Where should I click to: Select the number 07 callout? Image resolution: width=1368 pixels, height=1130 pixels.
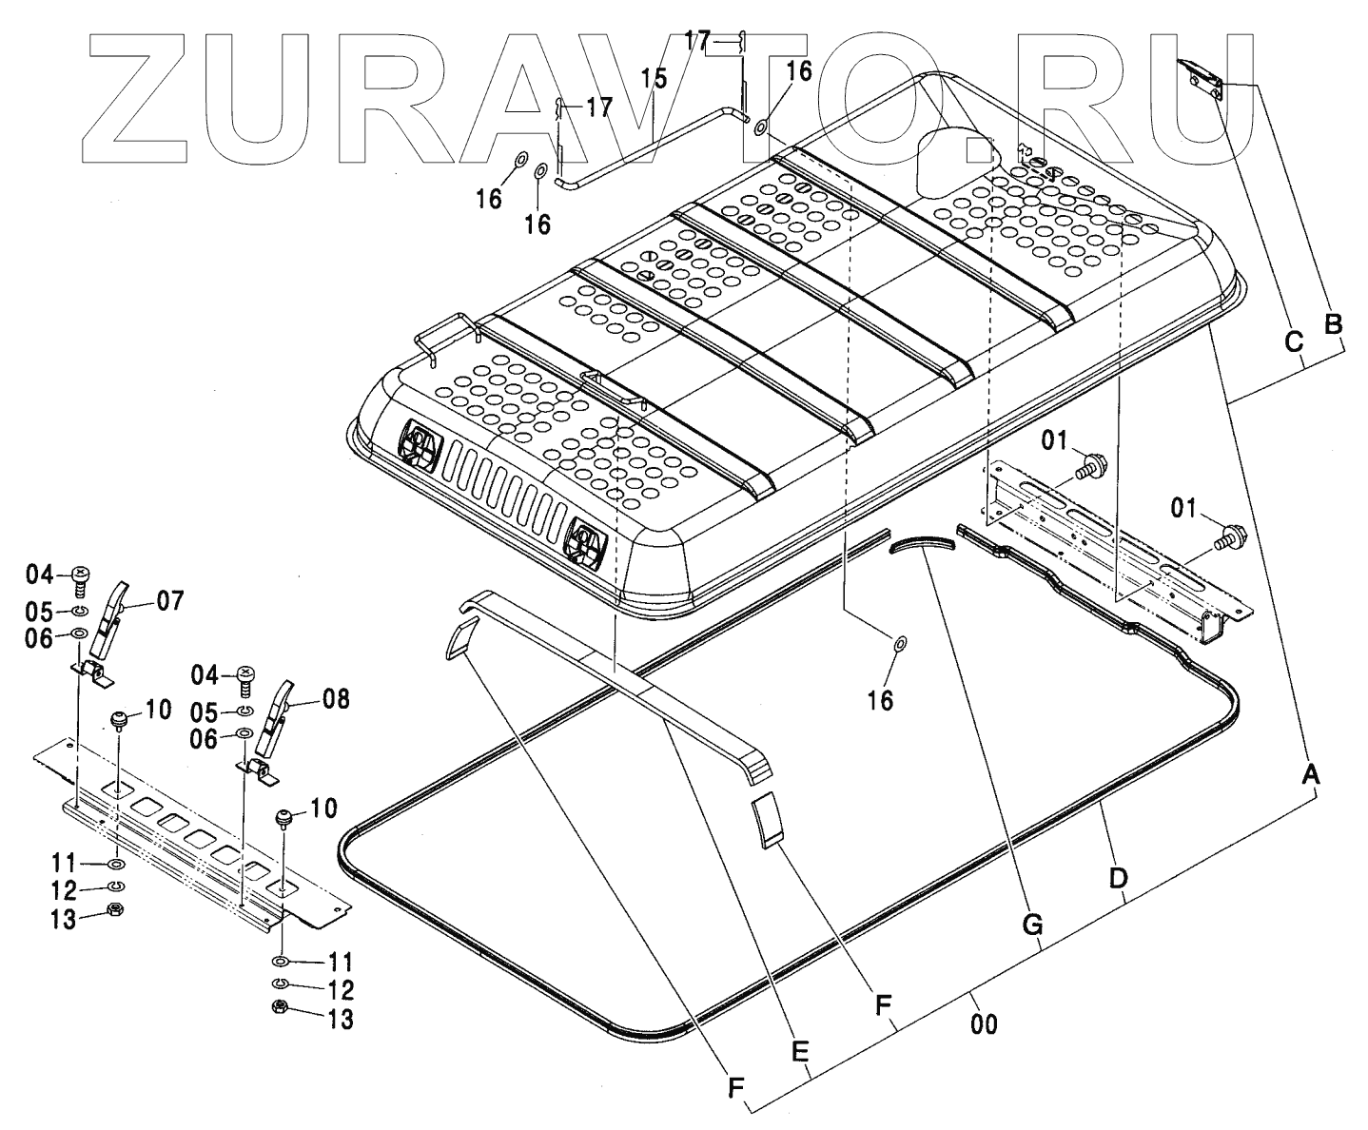click(171, 600)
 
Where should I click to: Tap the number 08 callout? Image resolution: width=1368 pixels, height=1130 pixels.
click(335, 701)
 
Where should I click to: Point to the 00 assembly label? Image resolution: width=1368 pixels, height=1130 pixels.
click(985, 1025)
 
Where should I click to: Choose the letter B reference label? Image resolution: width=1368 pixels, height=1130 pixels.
click(1333, 323)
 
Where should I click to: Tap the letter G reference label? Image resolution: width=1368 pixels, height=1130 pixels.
click(1033, 924)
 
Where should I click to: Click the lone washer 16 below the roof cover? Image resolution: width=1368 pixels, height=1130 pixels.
click(900, 645)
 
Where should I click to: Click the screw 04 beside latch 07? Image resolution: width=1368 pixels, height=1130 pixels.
click(80, 576)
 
